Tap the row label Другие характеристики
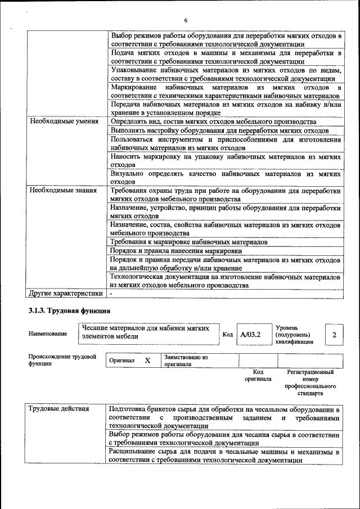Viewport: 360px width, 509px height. click(x=65, y=293)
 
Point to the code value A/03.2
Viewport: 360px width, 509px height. click(x=250, y=335)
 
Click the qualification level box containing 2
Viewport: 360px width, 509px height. click(x=334, y=335)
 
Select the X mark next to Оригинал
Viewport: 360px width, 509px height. click(x=147, y=361)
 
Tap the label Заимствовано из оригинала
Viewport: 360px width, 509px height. click(x=186, y=361)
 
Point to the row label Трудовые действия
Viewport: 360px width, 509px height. click(x=58, y=409)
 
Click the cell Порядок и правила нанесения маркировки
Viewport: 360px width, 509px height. click(x=176, y=250)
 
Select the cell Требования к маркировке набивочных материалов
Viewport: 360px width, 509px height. click(x=188, y=242)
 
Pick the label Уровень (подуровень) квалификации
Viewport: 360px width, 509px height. click(x=295, y=334)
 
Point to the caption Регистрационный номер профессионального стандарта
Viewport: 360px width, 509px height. click(x=310, y=382)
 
